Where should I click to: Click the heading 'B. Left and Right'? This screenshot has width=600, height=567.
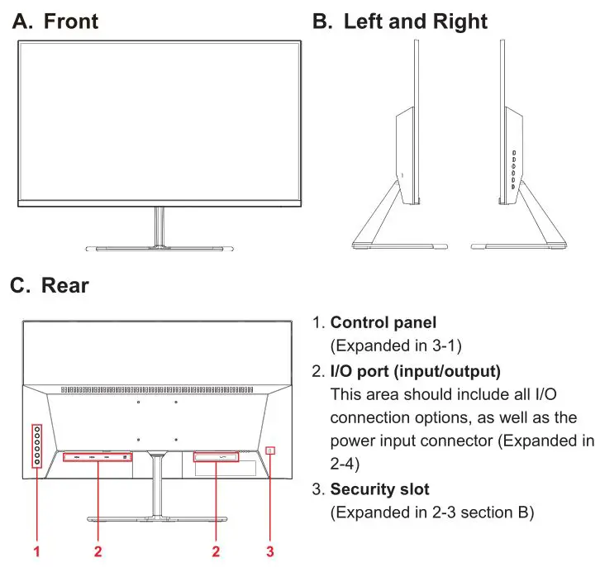400,21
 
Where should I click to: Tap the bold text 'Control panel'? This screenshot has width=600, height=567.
383,322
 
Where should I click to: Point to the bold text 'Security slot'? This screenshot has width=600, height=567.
379,489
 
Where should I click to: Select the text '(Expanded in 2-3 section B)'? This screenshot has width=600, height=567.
431,513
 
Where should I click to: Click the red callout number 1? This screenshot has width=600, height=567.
36,550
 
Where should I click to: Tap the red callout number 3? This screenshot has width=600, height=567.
269,550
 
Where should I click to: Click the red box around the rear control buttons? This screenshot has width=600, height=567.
36,445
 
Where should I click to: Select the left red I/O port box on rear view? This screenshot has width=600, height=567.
98,456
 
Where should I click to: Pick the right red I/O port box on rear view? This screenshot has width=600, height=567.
215,456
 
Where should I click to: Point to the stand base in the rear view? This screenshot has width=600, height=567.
157,519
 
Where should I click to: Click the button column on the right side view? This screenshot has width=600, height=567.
512,170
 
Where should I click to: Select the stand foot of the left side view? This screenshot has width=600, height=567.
399,245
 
